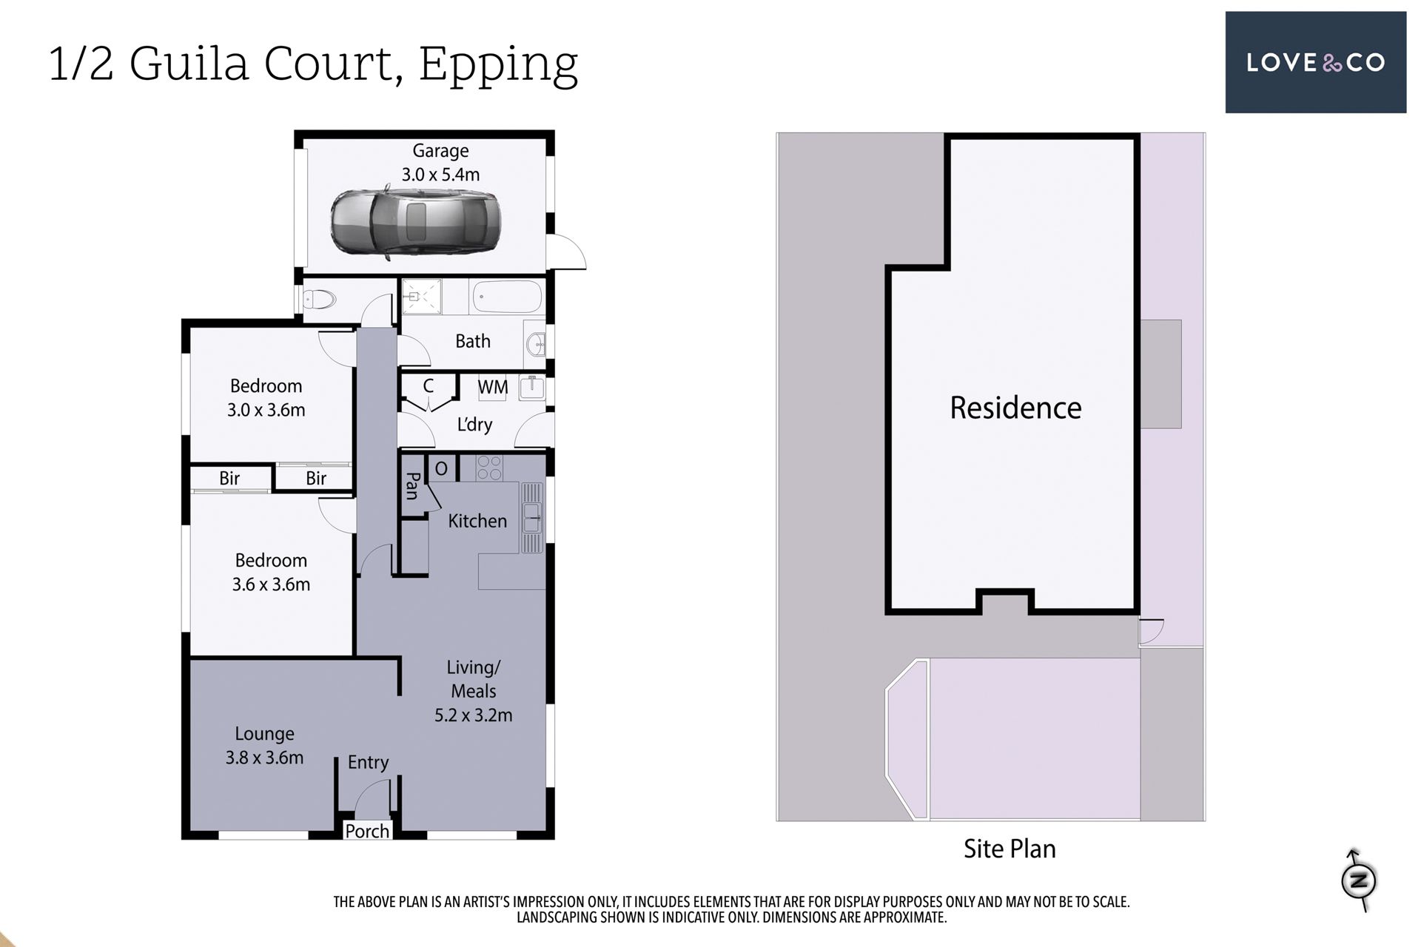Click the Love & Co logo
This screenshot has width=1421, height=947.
pos(1315,62)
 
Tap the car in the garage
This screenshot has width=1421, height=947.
pos(415,223)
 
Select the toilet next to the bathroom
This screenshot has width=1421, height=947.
pos(320,300)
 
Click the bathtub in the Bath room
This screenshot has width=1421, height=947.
pos(507,297)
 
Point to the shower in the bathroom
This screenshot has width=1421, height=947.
pos(421,297)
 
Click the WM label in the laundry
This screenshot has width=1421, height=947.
pos(493,387)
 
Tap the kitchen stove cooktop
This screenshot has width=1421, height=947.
pos(489,468)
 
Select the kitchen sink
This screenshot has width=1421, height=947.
pos(532,518)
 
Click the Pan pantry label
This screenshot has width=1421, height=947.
pos(412,486)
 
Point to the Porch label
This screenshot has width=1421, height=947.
pos(367,831)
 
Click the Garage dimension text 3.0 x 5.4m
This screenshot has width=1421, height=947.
pos(440,175)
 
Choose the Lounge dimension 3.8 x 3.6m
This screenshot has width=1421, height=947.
pos(264,758)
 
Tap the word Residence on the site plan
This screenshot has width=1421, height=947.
pos(1015,408)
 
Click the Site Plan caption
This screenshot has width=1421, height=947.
pos(1010,849)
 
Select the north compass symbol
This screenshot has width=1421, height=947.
pos(1359,880)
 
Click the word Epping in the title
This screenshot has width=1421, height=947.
pos(498,65)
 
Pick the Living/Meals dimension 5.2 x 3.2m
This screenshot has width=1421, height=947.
pos(473,715)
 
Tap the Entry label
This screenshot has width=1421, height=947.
pos(368,763)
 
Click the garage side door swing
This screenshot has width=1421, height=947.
pos(567,252)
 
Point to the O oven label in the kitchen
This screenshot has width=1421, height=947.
pos(441,468)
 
